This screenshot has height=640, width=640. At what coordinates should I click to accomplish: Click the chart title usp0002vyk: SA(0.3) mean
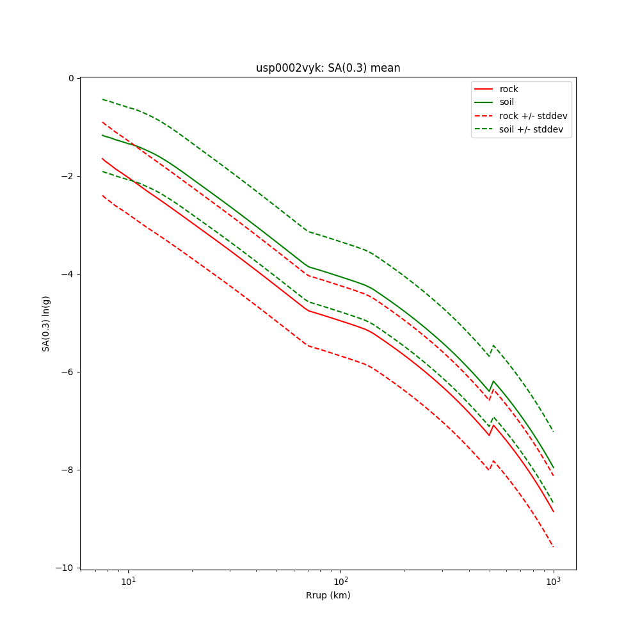[x=328, y=68]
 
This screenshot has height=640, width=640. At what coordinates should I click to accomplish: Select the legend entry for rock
[x=509, y=89]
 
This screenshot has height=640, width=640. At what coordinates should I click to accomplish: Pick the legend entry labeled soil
[x=506, y=102]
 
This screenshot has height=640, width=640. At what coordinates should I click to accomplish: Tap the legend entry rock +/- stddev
[x=533, y=116]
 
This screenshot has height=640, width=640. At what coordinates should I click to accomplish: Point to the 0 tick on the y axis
[x=71, y=78]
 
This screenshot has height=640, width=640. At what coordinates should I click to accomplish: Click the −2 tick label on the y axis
[x=68, y=176]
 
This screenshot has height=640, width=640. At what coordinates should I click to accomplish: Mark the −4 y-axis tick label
[x=68, y=274]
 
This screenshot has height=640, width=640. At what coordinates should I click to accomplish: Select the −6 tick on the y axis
[x=68, y=372]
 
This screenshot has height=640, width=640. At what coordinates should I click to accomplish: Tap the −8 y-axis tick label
[x=68, y=470]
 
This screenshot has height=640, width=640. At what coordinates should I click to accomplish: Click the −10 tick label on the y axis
[x=66, y=568]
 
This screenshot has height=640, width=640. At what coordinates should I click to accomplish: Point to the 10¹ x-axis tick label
[x=128, y=581]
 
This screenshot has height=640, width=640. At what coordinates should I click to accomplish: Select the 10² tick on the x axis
[x=340, y=581]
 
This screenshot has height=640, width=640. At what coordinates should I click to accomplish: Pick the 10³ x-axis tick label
[x=553, y=581]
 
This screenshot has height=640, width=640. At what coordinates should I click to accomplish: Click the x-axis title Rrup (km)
[x=328, y=595]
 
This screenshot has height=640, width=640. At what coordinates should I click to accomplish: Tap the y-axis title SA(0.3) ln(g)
[x=46, y=323]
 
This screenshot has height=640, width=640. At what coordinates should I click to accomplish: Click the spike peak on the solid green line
[x=493, y=381]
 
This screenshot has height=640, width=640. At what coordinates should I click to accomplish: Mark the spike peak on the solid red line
[x=493, y=425]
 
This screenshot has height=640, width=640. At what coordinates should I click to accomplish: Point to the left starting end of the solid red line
[x=102, y=159]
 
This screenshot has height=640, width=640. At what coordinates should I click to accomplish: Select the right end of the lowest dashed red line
[x=553, y=547]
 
